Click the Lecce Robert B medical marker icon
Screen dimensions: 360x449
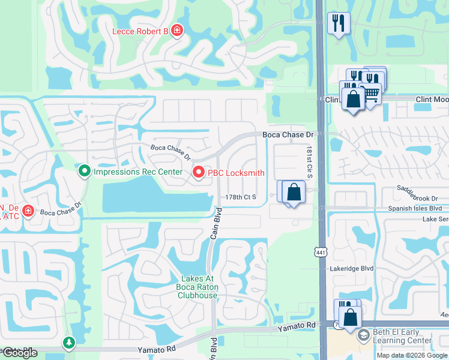tap(176, 31)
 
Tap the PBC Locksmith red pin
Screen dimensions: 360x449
tap(199, 173)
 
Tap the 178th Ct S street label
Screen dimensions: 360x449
tap(241, 197)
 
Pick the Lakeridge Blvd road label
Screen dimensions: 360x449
tap(352, 269)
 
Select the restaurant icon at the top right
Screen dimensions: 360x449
tap(339, 23)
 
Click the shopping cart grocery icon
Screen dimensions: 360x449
tap(372, 94)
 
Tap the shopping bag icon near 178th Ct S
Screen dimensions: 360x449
tap(294, 193)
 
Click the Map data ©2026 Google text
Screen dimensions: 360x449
tap(412, 355)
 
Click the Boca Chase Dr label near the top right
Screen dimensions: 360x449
tap(289, 136)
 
